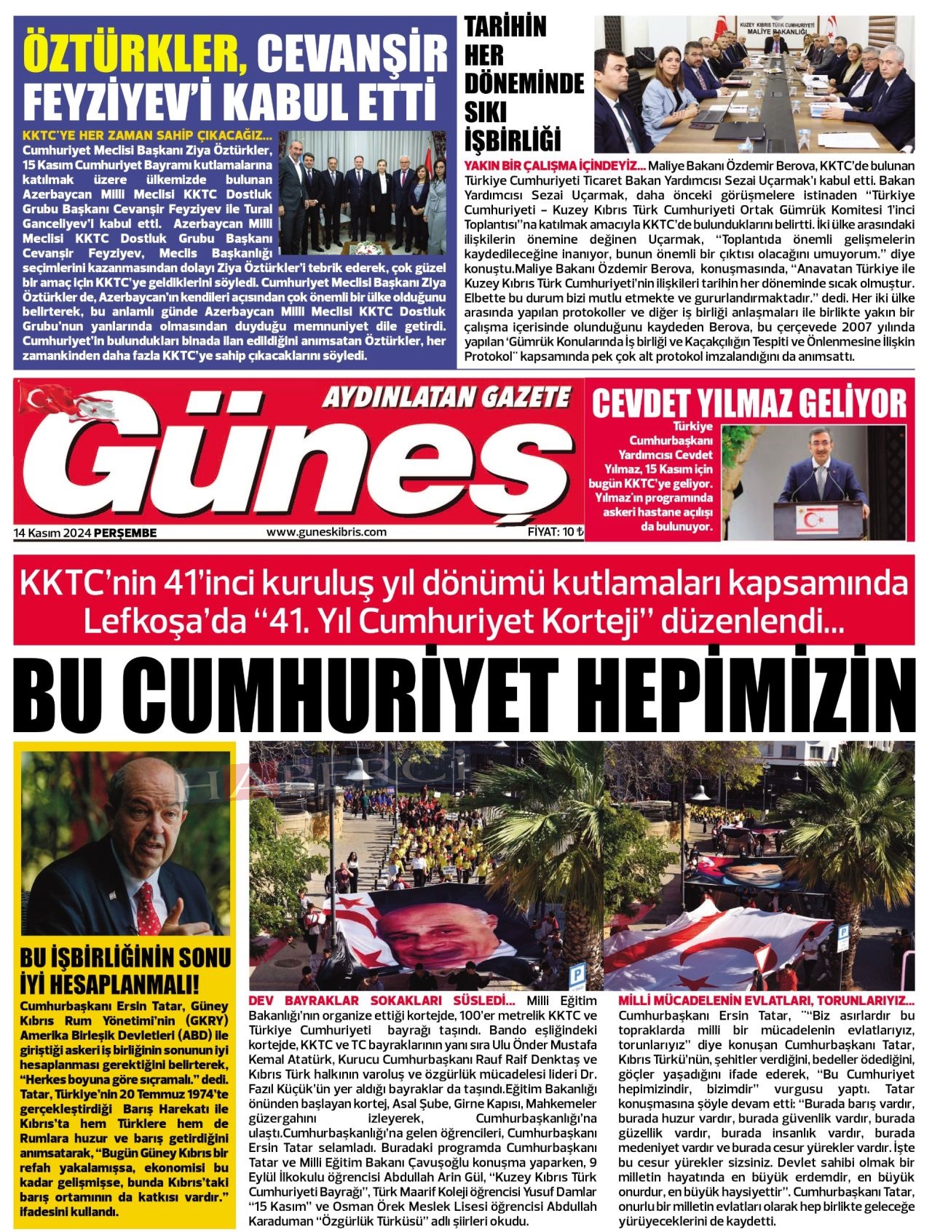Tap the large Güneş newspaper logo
(291, 458)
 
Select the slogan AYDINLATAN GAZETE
(446, 397)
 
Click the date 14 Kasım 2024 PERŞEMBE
(85, 533)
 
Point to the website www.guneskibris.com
(326, 532)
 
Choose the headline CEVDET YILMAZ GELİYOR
(749, 405)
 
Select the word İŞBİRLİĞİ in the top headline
(513, 138)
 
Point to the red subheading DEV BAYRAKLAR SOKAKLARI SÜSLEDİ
(382, 1001)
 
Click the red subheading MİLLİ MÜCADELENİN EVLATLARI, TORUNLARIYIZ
(765, 1001)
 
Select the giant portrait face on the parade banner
(427, 933)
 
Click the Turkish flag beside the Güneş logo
(45, 397)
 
